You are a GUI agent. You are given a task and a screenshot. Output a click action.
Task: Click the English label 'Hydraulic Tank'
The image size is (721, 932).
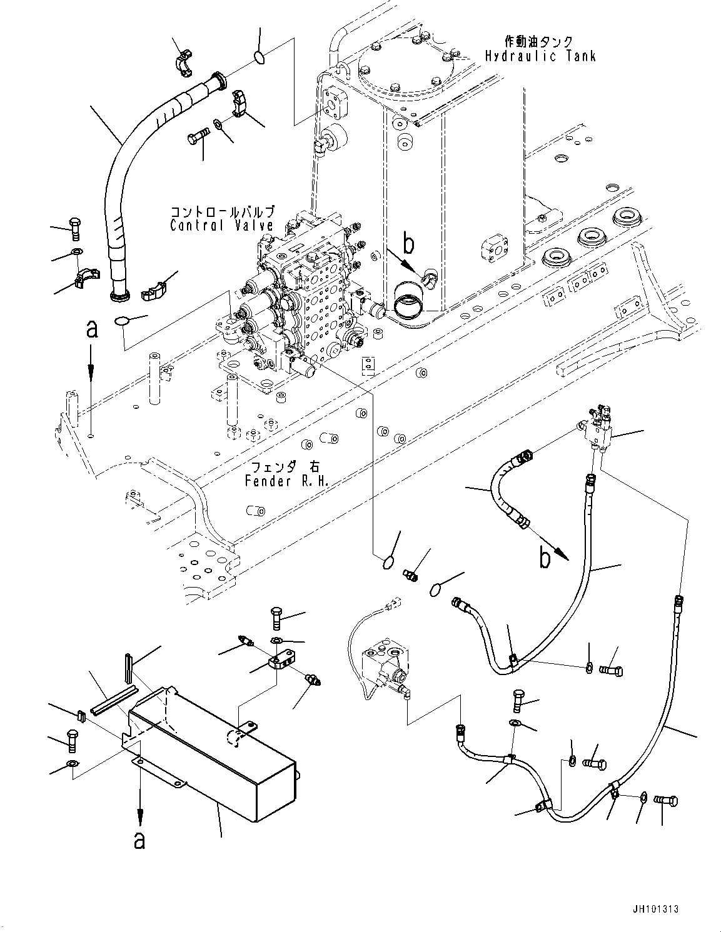pyautogui.click(x=540, y=56)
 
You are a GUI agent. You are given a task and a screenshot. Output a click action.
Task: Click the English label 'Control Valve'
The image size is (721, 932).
pyautogui.click(x=222, y=226)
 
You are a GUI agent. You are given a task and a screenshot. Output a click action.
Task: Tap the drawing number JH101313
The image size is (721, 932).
pyautogui.click(x=655, y=909)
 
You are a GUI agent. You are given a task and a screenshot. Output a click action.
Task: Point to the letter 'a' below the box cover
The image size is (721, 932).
pyautogui.click(x=139, y=841)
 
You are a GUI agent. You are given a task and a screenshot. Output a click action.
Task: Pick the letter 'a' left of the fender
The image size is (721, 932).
pyautogui.click(x=92, y=329)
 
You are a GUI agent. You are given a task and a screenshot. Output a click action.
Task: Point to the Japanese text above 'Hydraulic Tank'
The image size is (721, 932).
pyautogui.click(x=540, y=41)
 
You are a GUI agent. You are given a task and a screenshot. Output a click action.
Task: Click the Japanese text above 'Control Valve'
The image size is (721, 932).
pyautogui.click(x=222, y=213)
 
